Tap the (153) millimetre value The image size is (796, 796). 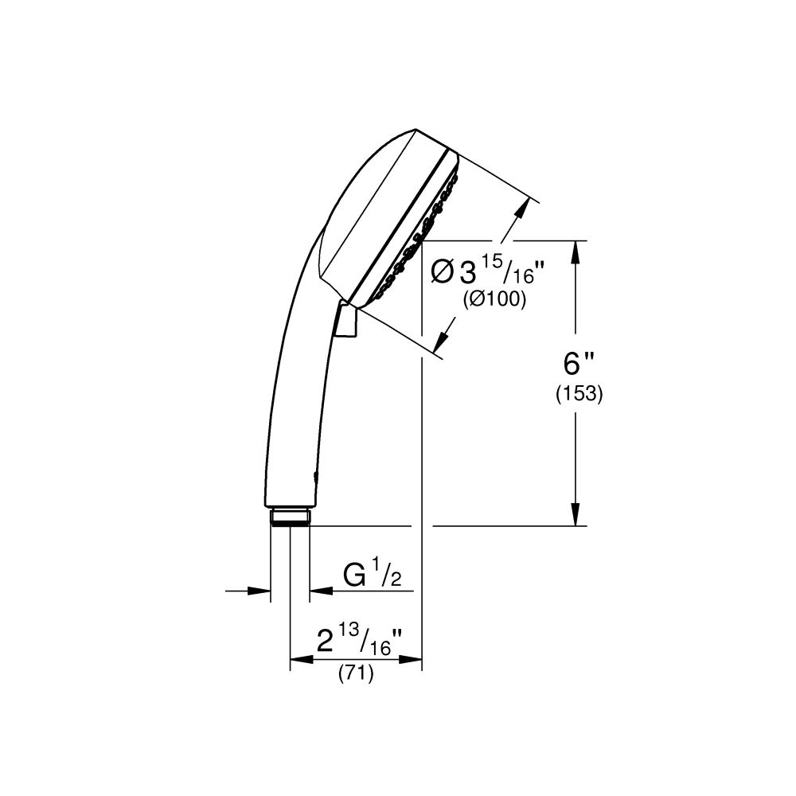click(578, 393)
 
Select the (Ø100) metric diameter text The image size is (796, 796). click(494, 300)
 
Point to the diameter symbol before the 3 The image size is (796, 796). click(443, 273)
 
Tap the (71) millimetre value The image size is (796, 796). click(356, 673)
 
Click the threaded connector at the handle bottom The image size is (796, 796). click(290, 518)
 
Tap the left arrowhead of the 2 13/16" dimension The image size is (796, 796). click(299, 659)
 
